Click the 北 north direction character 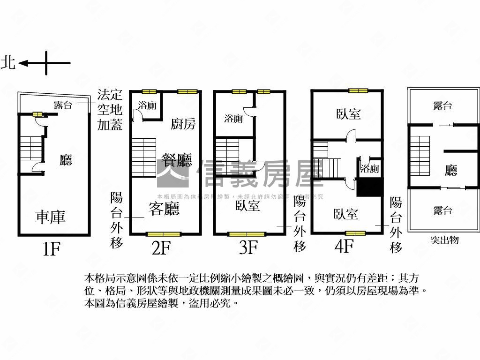8,62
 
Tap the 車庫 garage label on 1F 50,216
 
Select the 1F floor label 51,248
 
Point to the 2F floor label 161,247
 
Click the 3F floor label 248,247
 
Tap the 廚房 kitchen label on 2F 183,124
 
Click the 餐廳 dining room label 177,160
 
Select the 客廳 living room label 164,209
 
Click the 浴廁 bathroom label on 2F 147,105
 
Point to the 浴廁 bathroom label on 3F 233,119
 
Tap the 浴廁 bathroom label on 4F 369,169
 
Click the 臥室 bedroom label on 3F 247,205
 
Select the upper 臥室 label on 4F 348,114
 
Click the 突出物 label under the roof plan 444,240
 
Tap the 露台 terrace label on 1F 63,105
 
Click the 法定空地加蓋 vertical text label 109,110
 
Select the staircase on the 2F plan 143,158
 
